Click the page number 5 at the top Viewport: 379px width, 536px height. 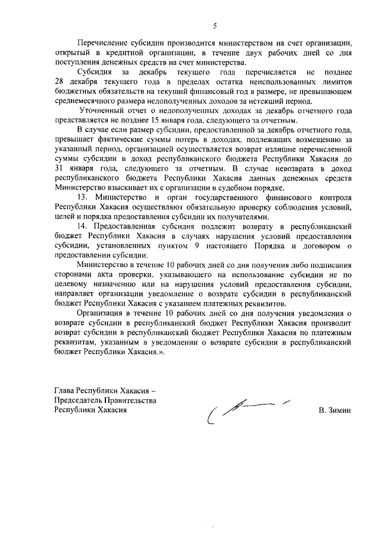pyautogui.click(x=216, y=25)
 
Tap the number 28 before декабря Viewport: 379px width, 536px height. pyautogui.click(x=59, y=81)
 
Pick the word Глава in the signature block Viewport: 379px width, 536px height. pyautogui.click(x=65, y=391)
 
